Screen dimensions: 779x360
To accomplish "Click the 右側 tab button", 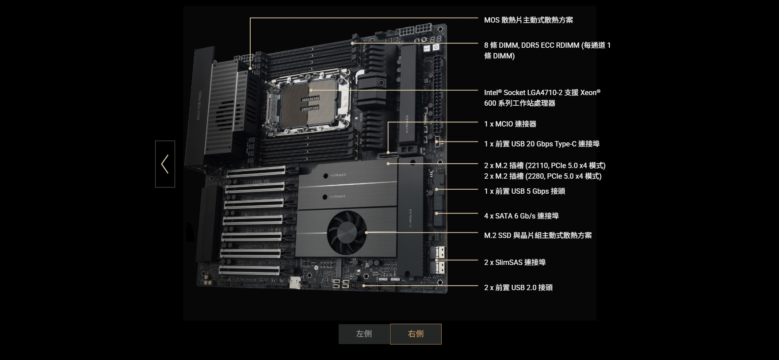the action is (416, 334).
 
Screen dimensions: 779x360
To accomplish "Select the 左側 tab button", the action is (364, 334).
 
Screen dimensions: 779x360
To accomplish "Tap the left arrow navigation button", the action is (165, 164).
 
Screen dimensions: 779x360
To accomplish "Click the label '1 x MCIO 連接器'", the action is (510, 124).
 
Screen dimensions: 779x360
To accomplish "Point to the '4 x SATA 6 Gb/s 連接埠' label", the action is (521, 216).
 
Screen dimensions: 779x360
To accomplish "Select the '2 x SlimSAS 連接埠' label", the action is (515, 262).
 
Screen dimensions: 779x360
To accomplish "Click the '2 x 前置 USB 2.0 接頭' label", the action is (518, 287).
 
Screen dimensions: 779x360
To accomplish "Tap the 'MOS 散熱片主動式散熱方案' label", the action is (528, 20).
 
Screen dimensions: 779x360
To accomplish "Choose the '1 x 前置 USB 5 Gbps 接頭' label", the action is (524, 191).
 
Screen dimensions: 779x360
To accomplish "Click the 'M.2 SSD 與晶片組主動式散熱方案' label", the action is (538, 235).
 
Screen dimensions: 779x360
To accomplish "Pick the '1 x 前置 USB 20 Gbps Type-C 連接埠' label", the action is (542, 144).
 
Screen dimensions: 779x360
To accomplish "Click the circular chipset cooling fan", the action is (347, 232).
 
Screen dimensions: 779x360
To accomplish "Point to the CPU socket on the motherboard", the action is (309, 103).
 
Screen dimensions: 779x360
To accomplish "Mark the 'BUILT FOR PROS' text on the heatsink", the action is (199, 105).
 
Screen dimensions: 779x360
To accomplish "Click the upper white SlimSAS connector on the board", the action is (440, 253).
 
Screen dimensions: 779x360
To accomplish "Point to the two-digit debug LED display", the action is (436, 39).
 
